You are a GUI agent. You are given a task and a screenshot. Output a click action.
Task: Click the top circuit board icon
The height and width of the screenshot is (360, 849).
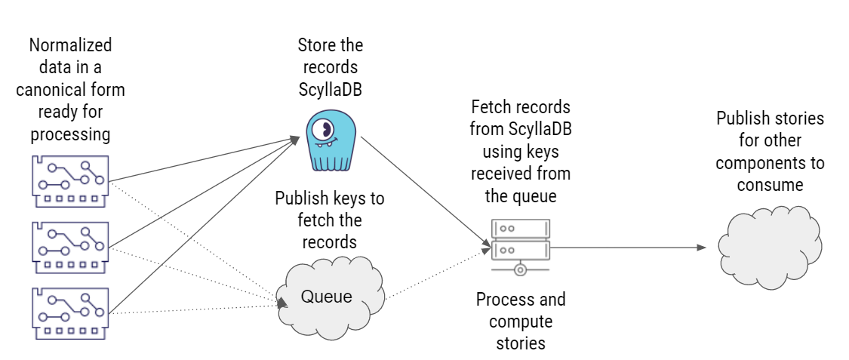coord(70,181)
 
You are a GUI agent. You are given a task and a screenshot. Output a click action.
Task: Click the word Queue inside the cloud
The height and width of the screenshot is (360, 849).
coord(326,297)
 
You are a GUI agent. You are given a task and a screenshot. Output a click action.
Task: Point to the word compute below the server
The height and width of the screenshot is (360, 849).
coord(521,322)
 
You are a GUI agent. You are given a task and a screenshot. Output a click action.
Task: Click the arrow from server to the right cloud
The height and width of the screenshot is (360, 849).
coord(630,247)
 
